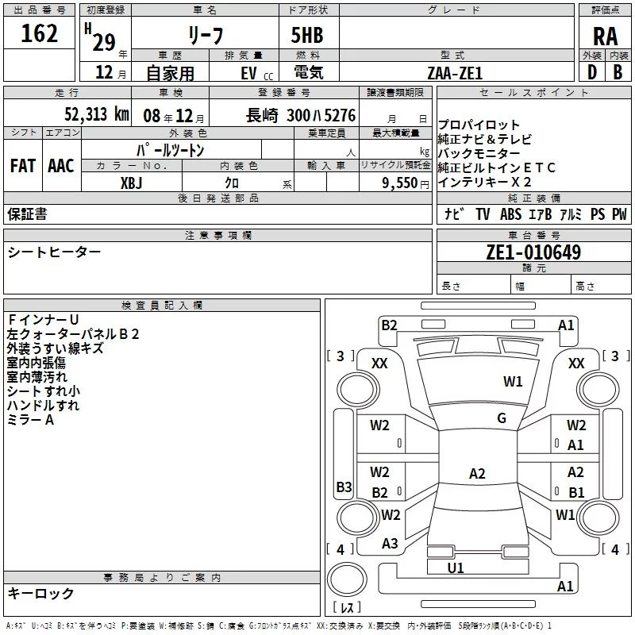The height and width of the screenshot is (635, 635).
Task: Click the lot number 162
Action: click(x=40, y=33)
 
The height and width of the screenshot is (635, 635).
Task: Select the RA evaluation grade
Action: click(x=605, y=36)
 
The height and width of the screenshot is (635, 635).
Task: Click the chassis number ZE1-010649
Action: click(x=533, y=252)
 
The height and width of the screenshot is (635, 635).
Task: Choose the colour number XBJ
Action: click(x=132, y=183)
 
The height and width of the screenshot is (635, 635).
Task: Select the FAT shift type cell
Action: click(x=22, y=166)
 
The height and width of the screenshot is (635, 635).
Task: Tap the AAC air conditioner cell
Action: click(x=61, y=166)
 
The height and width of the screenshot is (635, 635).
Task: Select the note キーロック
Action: click(x=40, y=593)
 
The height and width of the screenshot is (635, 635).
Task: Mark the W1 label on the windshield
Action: click(x=513, y=382)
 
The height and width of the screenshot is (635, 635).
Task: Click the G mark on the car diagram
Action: click(x=502, y=418)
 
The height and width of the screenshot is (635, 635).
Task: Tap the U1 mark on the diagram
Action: click(x=456, y=568)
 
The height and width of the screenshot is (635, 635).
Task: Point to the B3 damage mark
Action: click(x=344, y=487)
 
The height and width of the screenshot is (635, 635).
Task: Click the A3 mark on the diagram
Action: click(x=390, y=544)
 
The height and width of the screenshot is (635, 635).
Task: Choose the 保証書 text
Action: click(x=27, y=214)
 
